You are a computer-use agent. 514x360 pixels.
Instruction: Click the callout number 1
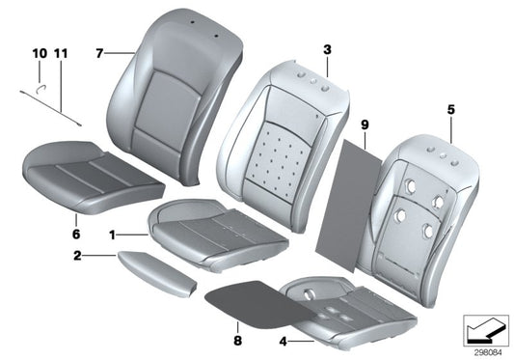coord(113,234)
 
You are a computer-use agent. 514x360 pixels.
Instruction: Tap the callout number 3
coord(327,48)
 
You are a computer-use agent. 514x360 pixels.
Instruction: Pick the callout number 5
coord(449,109)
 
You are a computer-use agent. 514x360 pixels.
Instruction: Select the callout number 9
coord(365,124)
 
